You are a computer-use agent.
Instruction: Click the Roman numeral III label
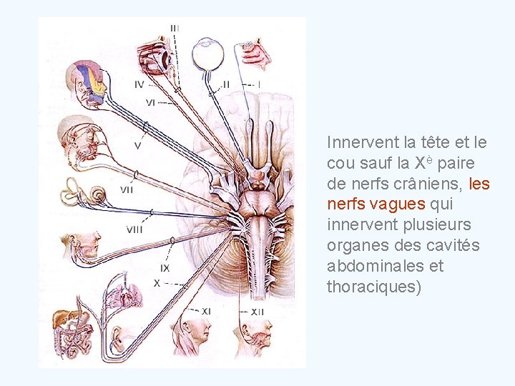pos(175,28)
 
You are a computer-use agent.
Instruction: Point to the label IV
pos(143,84)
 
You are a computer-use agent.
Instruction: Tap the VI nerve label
pos(151,102)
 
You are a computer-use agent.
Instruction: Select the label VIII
pos(134,229)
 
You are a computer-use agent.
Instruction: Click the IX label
pos(165,268)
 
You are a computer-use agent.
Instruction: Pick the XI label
pos(205,311)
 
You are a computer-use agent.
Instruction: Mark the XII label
pos(257,312)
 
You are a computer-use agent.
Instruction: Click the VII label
pos(127,189)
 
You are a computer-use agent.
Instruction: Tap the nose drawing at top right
pos(256,54)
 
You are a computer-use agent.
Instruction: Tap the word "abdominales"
pos(375,266)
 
